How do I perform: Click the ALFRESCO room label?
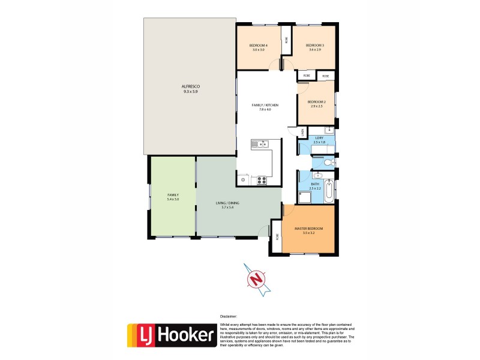[x=190, y=87]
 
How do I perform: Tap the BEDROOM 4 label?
[x=259, y=46]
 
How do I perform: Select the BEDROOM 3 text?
[x=314, y=46]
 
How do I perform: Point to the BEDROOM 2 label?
[x=316, y=102]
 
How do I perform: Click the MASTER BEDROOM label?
[x=308, y=229]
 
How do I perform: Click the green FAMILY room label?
[x=173, y=195]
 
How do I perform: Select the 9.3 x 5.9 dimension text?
[x=190, y=92]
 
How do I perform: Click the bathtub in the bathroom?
[x=329, y=192]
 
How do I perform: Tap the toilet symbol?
[x=328, y=162]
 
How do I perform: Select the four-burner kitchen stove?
[x=262, y=179]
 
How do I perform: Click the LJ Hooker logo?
[x=171, y=335]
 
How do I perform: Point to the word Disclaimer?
[x=228, y=316]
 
